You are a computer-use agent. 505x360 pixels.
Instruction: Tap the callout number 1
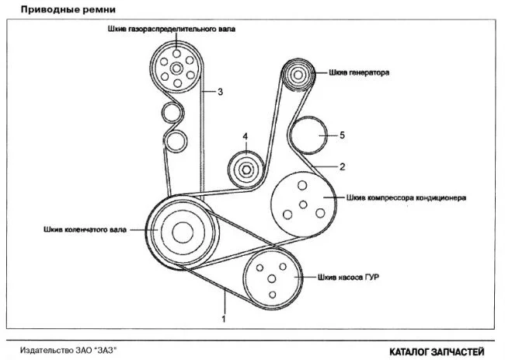click(223, 319)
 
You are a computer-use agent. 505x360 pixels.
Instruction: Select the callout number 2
click(341, 166)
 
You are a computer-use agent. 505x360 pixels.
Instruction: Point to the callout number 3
click(220, 93)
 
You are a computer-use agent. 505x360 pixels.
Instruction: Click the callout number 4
click(246, 137)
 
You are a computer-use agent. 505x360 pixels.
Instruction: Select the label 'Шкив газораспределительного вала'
click(172, 30)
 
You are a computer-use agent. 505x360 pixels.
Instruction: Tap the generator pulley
click(297, 75)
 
